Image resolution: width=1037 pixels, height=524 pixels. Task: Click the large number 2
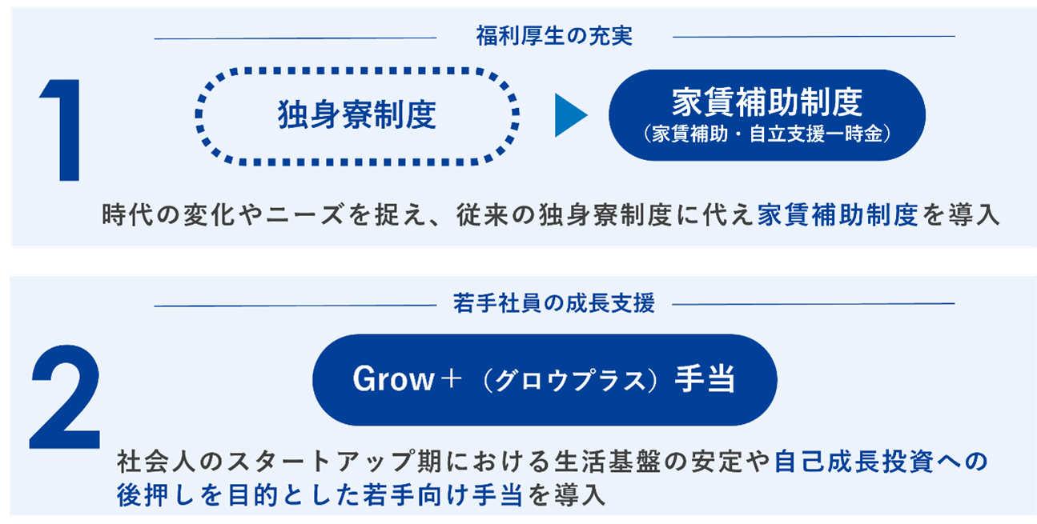(66, 400)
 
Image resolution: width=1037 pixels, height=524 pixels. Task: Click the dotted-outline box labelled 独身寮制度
(357, 114)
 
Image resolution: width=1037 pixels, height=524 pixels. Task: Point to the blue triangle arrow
(570, 115)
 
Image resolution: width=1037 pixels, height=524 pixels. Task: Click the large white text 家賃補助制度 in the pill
(767, 102)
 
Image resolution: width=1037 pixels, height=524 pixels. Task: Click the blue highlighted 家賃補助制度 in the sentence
(838, 216)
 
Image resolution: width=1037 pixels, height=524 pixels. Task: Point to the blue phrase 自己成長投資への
(882, 462)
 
